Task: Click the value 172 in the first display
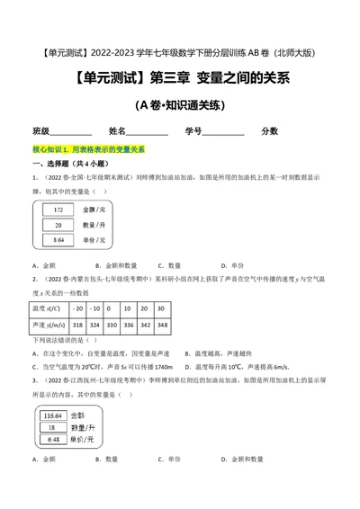(x=58, y=209)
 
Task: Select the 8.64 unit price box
(x=58, y=241)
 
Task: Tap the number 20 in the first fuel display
(x=58, y=225)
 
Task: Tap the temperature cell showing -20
(x=78, y=308)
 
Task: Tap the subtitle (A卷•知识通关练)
(x=180, y=105)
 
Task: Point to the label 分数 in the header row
(x=269, y=130)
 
